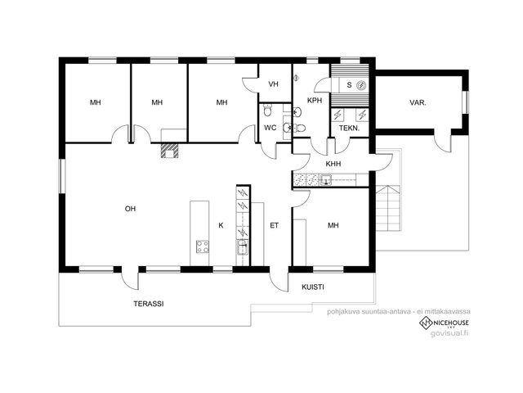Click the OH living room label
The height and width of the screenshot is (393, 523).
tap(130, 209)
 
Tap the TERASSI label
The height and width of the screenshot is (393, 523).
tap(149, 304)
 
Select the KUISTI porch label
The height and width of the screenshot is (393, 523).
tap(313, 287)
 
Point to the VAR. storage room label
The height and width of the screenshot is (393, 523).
tap(418, 103)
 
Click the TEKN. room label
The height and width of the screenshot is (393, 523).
tap(349, 128)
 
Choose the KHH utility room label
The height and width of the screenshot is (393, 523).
tap(333, 164)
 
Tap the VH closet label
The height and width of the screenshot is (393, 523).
tap(273, 84)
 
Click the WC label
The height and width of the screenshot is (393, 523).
tap(270, 128)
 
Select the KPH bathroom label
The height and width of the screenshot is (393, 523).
tap(315, 100)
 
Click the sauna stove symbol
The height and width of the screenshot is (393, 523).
tap(361, 85)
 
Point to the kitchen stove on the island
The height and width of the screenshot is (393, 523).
tap(203, 247)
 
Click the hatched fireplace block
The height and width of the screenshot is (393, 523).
tap(170, 151)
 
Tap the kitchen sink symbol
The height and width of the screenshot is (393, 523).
tap(243, 248)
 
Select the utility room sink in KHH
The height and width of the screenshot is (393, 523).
tap(326, 180)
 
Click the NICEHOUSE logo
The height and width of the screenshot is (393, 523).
tap(444, 323)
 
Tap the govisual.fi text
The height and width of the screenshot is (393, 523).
tap(449, 333)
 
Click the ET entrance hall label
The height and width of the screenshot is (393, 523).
tap(275, 226)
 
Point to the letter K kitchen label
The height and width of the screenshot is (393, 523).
tap(221, 226)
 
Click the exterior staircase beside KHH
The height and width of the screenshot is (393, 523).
tap(388, 208)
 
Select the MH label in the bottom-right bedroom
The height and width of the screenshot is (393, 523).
tap(333, 226)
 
